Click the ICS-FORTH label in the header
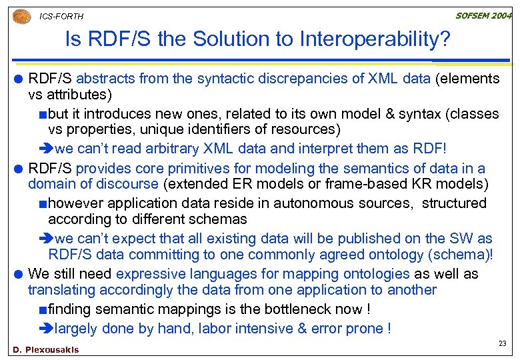[x=61, y=16]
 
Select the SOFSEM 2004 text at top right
[x=483, y=16]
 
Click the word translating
[x=61, y=290]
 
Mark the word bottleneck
[x=295, y=309]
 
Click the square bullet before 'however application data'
[x=43, y=204]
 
